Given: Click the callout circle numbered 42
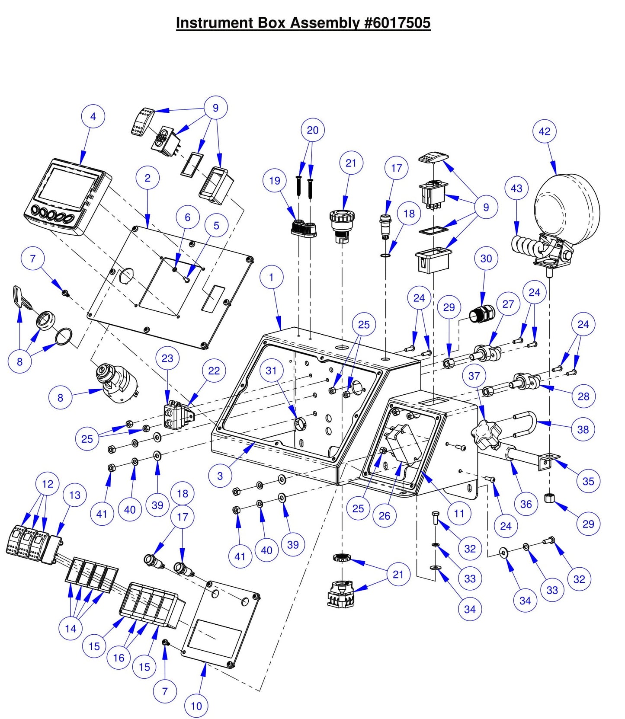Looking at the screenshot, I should tap(544, 131).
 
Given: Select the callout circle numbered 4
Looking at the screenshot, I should tap(93, 116).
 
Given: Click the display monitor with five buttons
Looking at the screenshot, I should tap(67, 197).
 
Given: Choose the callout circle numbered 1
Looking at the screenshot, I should tap(272, 277).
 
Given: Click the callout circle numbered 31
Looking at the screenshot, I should tap(271, 371).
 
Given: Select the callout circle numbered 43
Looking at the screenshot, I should tap(516, 189).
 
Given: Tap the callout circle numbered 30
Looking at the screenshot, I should tap(486, 259).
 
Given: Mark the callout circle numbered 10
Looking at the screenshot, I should tap(196, 706).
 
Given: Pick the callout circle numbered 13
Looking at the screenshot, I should tap(74, 495).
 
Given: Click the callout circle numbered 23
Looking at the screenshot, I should tap(167, 358).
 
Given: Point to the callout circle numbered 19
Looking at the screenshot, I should tap(275, 181).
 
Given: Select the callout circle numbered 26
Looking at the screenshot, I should tap(384, 515).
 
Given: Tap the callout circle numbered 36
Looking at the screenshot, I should tap(526, 504).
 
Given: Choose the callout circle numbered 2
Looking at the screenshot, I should tap(147, 178).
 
